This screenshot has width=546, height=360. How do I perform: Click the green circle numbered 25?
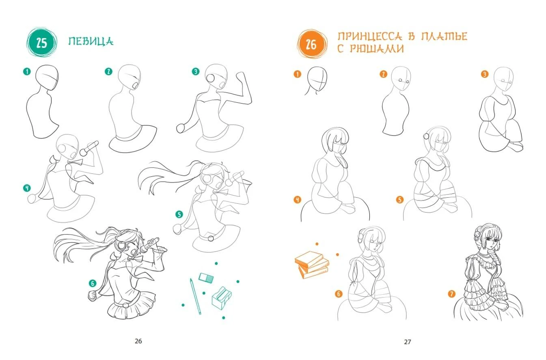coord(41,43)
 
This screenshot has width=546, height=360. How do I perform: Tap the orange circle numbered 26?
coord(311,44)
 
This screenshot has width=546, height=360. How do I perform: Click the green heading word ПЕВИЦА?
coord(91,41)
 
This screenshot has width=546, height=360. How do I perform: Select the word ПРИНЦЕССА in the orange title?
coord(369,36)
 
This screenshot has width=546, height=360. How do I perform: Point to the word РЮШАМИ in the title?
coord(377,49)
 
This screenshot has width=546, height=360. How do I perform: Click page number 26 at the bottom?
coord(138,341)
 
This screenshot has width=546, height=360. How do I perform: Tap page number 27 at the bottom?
coord(407,342)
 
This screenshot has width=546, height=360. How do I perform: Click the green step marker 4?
coord(27,188)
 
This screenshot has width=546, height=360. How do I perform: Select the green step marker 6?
coord(93,283)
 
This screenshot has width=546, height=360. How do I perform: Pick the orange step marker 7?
coord(451,294)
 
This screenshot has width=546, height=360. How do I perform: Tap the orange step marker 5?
coord(400,200)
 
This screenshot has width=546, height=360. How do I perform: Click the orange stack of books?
coord(312,265)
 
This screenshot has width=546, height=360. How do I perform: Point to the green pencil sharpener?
coord(222,298)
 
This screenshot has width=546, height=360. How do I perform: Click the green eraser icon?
coord(206,278)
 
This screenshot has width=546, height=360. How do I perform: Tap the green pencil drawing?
coord(196,296)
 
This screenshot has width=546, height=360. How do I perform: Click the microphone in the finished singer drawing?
coord(149,245)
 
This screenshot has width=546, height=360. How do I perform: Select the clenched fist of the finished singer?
coord(93,295)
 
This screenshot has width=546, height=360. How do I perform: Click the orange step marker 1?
coord(298,74)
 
